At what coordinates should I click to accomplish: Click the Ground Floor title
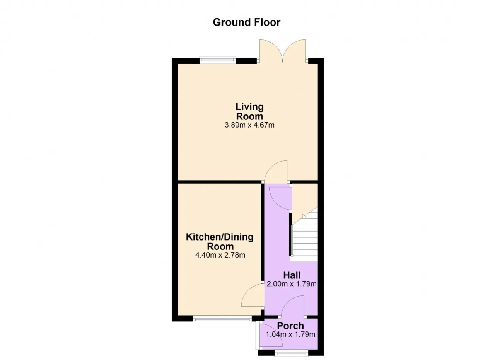[x=246, y=22]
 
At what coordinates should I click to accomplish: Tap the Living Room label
[x=249, y=111]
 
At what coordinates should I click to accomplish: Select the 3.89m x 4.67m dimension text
[x=249, y=125]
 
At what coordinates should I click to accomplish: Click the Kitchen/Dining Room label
[x=220, y=242]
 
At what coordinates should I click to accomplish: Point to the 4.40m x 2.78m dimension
[x=220, y=255]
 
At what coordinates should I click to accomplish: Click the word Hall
[x=292, y=275]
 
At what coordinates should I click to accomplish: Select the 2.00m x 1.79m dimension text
[x=292, y=284]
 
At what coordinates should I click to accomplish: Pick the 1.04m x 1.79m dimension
[x=290, y=334]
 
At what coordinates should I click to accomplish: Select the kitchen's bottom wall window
[x=222, y=319]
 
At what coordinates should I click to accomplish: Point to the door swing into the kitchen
[x=253, y=295]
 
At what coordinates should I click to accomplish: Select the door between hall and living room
[x=276, y=172]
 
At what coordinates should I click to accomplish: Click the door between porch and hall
[x=292, y=306]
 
